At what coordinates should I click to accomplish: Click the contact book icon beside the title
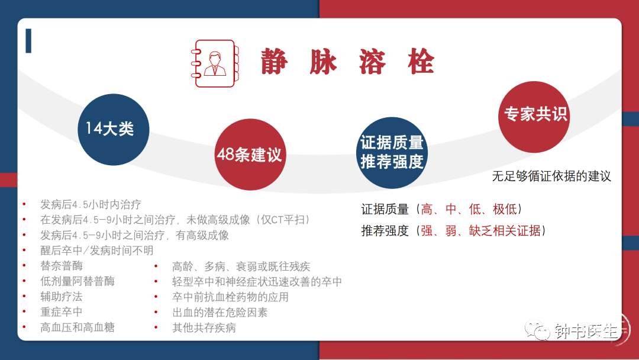[215, 63]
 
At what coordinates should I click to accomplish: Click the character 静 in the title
[275, 62]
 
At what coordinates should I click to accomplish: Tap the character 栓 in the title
[421, 62]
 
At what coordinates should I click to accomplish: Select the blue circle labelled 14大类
[113, 130]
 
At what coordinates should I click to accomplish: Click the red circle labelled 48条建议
[250, 155]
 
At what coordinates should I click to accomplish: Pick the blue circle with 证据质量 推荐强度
[392, 153]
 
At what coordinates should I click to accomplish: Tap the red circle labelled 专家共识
[534, 117]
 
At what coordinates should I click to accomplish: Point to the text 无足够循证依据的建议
[551, 176]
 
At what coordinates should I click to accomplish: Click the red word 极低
[505, 209]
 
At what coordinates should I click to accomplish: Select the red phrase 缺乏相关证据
[505, 231]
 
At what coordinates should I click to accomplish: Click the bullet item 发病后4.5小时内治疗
[91, 204]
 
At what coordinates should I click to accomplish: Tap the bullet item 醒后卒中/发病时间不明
[96, 250]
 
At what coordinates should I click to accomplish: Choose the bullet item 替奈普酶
[61, 266]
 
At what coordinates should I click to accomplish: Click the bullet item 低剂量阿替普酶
[77, 281]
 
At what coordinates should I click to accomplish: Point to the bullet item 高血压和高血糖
[77, 327]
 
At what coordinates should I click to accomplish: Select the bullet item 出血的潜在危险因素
[220, 312]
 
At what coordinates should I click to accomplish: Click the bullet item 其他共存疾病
[204, 328]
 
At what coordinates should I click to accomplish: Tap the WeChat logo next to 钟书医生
[537, 330]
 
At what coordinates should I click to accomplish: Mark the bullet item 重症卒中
[61, 312]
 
